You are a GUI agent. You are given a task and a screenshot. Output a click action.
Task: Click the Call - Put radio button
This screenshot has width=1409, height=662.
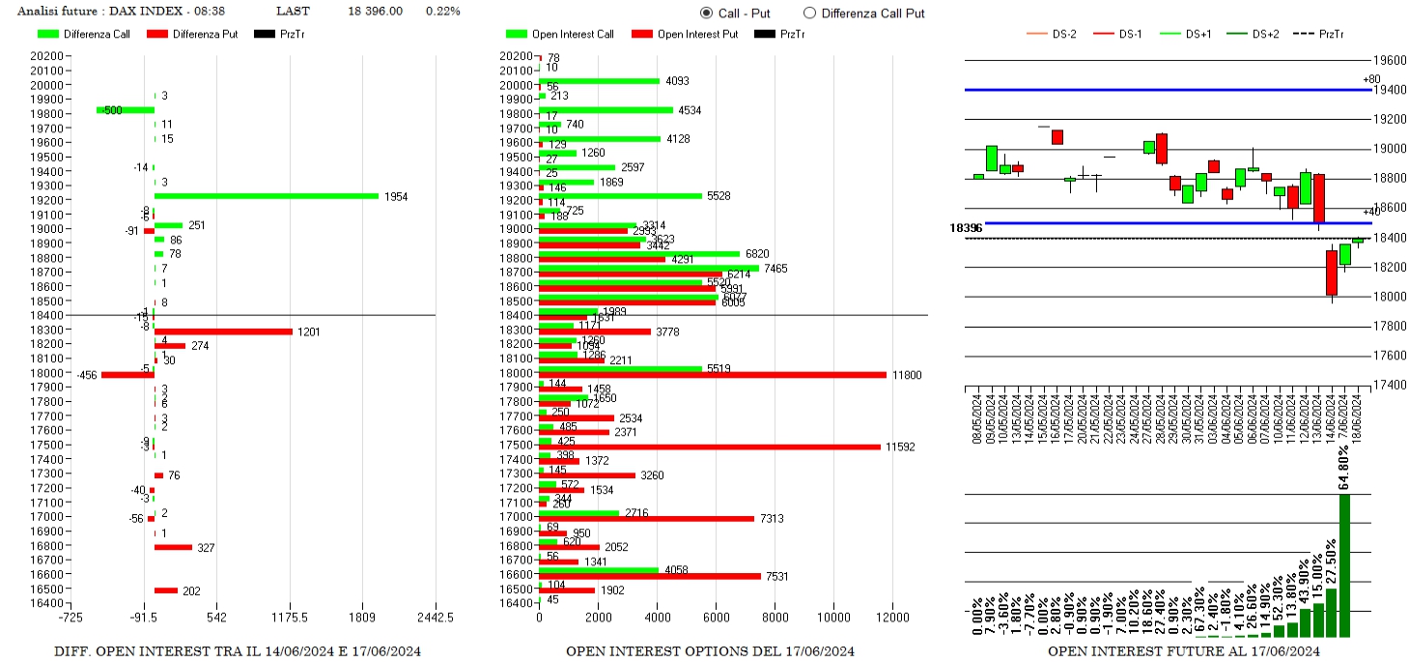[x=706, y=13]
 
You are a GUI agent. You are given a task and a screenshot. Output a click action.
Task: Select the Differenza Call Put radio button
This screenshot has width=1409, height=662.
[x=809, y=13]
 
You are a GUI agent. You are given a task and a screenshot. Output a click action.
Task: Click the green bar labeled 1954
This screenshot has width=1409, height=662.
[x=267, y=196]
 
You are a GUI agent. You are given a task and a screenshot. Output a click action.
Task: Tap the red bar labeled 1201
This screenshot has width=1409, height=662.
[x=223, y=331]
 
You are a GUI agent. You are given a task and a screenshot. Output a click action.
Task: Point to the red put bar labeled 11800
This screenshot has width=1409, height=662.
[x=712, y=375]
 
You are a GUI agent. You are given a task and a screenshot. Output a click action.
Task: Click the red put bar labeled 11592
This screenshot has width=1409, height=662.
[x=709, y=446]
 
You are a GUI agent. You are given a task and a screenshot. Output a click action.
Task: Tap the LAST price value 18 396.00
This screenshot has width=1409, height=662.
[x=375, y=12]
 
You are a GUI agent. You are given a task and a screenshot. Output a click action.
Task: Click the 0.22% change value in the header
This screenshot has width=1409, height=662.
[x=442, y=12]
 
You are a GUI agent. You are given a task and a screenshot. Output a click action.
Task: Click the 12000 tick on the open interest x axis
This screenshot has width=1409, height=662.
[x=892, y=618]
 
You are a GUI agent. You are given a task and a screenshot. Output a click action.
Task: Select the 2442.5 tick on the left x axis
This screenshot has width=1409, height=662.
[x=435, y=618]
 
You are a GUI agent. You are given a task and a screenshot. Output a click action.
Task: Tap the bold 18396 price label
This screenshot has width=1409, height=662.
[x=966, y=228]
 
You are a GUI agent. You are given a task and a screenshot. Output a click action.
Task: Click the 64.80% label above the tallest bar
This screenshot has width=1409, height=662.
[x=1345, y=468]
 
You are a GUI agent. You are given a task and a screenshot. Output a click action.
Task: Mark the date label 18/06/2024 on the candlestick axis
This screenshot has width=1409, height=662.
[x=1358, y=418]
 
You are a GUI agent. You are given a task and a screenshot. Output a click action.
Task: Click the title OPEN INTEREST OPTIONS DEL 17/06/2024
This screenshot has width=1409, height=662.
[x=710, y=651]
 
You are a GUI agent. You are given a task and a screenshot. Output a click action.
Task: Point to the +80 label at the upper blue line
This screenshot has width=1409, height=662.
[x=1371, y=79]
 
